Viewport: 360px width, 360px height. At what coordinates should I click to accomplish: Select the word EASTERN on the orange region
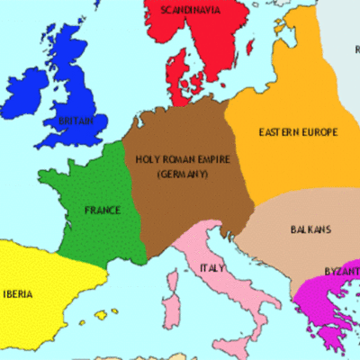[x=280, y=132]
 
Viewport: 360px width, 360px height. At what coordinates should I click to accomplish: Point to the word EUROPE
[x=320, y=132]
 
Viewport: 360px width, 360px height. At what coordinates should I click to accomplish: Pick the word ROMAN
[x=179, y=159]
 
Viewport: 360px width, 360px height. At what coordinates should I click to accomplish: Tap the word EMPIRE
[x=215, y=159]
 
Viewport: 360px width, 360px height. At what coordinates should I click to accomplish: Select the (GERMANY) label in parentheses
[x=182, y=173]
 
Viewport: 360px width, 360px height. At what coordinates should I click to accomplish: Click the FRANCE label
[x=102, y=211]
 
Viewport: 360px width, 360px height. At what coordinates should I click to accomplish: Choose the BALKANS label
[x=310, y=229]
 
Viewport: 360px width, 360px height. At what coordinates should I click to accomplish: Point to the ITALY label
[x=212, y=268]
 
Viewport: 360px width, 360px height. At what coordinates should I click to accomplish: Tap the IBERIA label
[x=20, y=293]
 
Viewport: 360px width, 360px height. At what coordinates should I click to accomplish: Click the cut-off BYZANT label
[x=341, y=271]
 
